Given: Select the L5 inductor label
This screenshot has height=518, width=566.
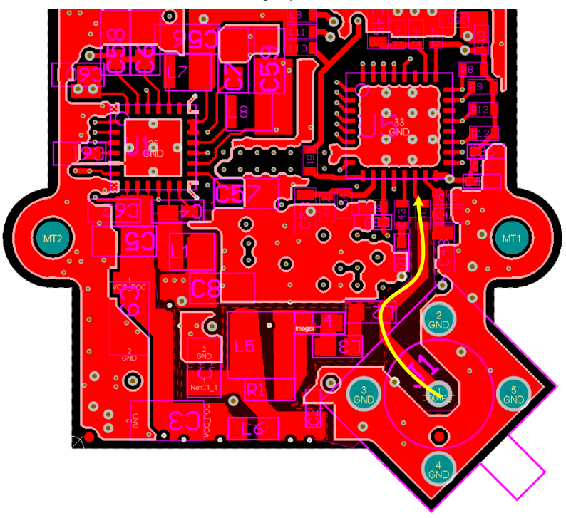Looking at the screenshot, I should tap(244, 347).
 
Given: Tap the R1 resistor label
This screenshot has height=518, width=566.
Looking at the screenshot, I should tap(255, 390).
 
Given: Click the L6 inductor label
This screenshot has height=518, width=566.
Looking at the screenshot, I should tap(253, 429).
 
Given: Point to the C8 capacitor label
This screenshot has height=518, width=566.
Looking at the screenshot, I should tap(207, 289).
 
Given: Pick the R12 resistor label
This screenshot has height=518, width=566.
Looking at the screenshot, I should tap(480, 133).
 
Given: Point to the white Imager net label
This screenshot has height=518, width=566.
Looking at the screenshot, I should tap(304, 328).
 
